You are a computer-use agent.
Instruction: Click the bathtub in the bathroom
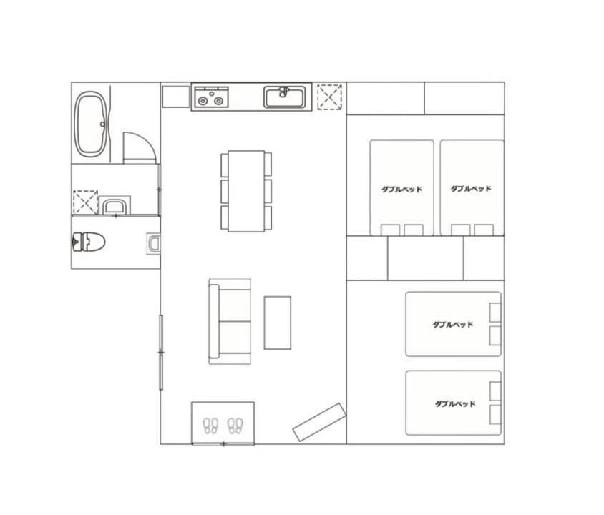(x=92, y=124)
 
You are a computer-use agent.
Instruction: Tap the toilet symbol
(x=89, y=242)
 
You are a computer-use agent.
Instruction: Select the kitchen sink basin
(x=285, y=97)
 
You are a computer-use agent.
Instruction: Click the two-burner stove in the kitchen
(x=211, y=97)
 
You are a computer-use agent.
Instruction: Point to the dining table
(x=246, y=191)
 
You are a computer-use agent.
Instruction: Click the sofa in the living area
(x=230, y=321)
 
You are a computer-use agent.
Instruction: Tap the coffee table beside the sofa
(x=278, y=323)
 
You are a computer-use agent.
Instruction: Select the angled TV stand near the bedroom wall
(x=319, y=422)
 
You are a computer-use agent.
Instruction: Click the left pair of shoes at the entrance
(x=210, y=426)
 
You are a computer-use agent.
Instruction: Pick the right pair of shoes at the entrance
(x=235, y=426)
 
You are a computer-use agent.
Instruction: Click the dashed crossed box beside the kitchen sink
(x=329, y=97)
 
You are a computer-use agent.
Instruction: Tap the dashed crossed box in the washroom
(x=85, y=202)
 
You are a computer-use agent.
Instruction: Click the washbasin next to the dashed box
(x=115, y=205)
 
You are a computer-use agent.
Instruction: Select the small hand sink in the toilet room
(x=154, y=244)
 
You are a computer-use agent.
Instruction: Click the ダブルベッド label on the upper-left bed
(x=401, y=190)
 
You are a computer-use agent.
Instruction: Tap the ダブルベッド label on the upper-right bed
(x=471, y=189)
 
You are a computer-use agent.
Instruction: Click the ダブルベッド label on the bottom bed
(x=455, y=403)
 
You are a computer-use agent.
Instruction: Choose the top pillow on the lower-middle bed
(x=495, y=312)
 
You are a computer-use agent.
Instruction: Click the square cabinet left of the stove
(x=176, y=97)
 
